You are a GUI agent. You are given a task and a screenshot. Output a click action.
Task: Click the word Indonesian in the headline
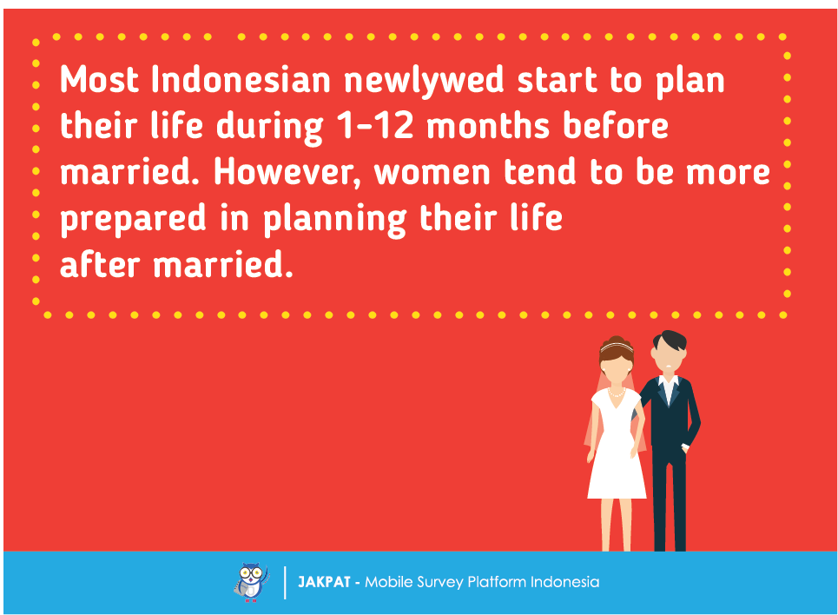(241, 80)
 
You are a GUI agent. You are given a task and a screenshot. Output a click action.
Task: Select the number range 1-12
(375, 126)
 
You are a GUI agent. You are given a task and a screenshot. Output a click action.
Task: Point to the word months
(488, 126)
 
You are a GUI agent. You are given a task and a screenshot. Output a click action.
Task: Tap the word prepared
(133, 219)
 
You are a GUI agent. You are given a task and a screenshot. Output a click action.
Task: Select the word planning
(334, 219)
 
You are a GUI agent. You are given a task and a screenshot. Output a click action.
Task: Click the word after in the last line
(100, 264)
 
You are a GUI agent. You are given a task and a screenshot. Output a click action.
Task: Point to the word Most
(99, 80)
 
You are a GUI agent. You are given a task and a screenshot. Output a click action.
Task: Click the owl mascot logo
(251, 582)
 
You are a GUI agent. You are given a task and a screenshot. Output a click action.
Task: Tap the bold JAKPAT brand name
(324, 582)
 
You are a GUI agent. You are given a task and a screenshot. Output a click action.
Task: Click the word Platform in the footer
(497, 582)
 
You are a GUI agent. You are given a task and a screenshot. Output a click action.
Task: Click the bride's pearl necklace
(617, 393)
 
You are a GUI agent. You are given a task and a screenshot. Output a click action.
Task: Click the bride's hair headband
(617, 347)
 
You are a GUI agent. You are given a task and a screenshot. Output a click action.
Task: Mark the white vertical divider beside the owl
(285, 582)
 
